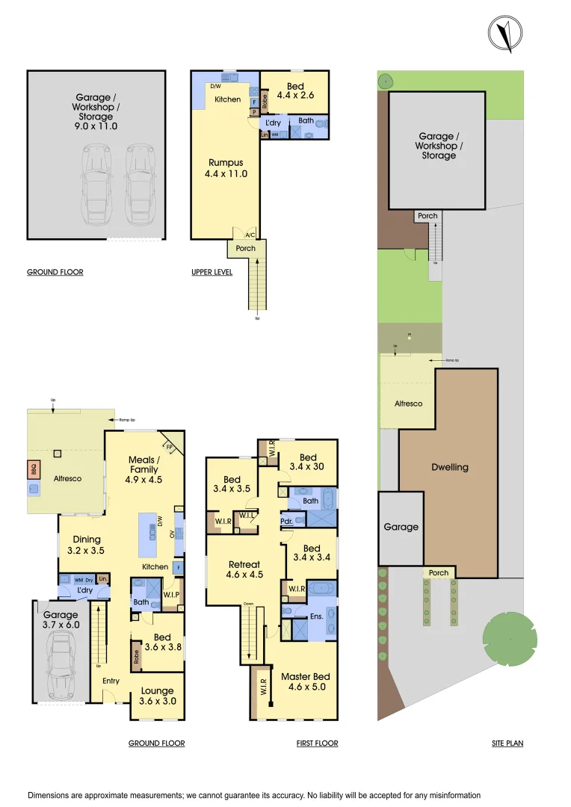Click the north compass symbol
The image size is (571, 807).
coord(504,34)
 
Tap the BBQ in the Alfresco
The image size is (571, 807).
coord(34,470)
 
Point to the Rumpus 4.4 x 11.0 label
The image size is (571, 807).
coord(225,168)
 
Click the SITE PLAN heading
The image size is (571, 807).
coord(507,743)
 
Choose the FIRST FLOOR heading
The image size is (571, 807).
coord(317,743)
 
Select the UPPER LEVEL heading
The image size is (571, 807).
coord(212,272)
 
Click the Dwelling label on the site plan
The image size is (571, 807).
coord(450,467)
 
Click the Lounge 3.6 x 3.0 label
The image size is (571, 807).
coord(158,696)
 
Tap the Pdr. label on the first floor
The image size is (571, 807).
coord(286,520)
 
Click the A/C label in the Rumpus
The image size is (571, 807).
coord(250,235)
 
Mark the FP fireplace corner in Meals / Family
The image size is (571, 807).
coord(170,447)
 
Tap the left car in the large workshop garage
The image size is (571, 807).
coord(96,187)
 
